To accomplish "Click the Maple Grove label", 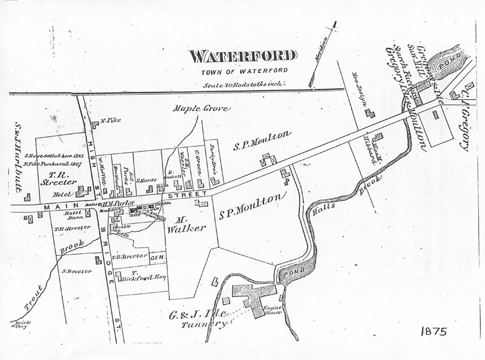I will coord(201,109).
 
